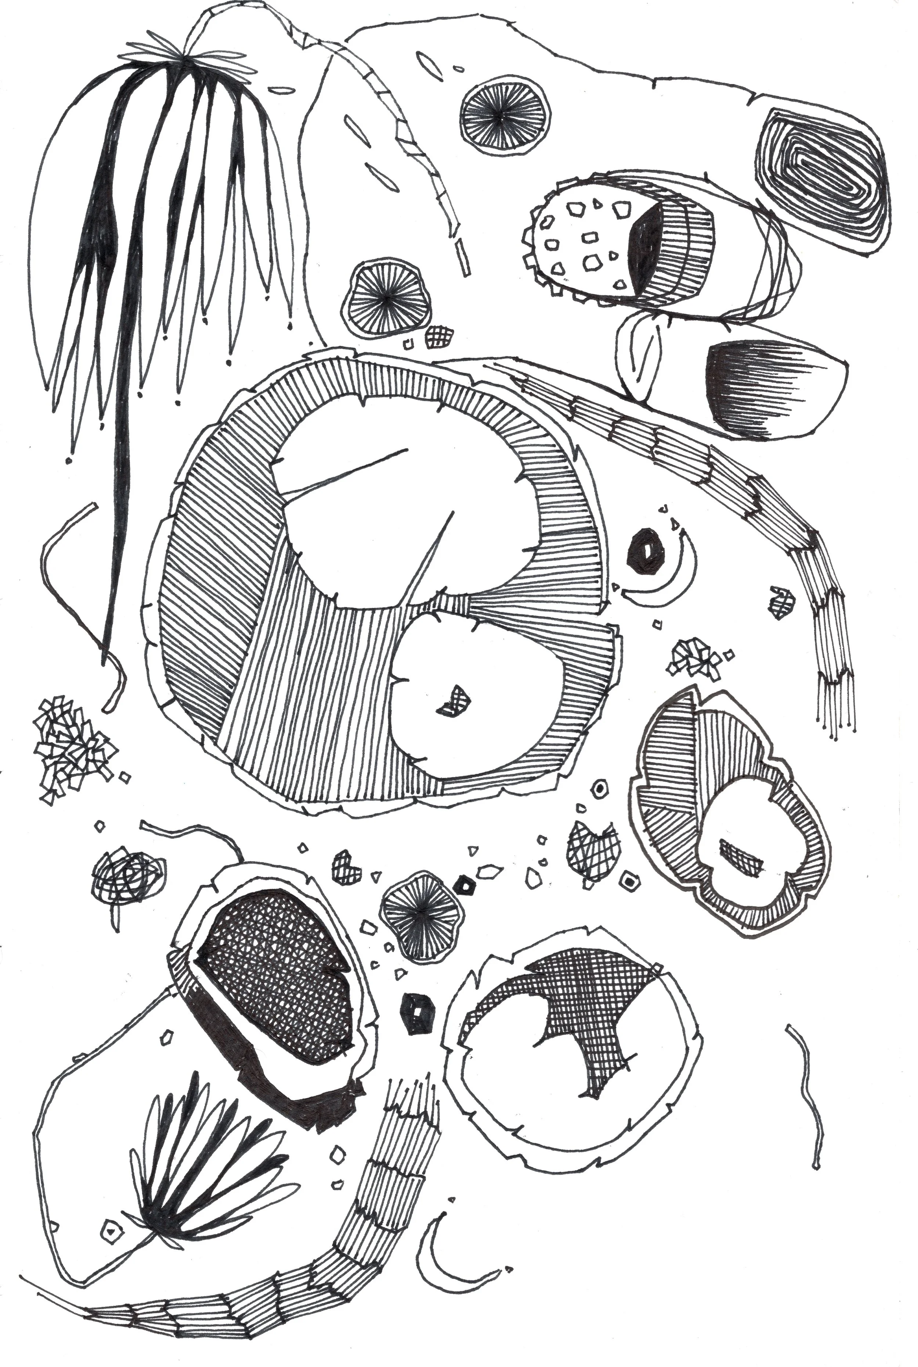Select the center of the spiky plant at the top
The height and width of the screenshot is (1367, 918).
(184, 58)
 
